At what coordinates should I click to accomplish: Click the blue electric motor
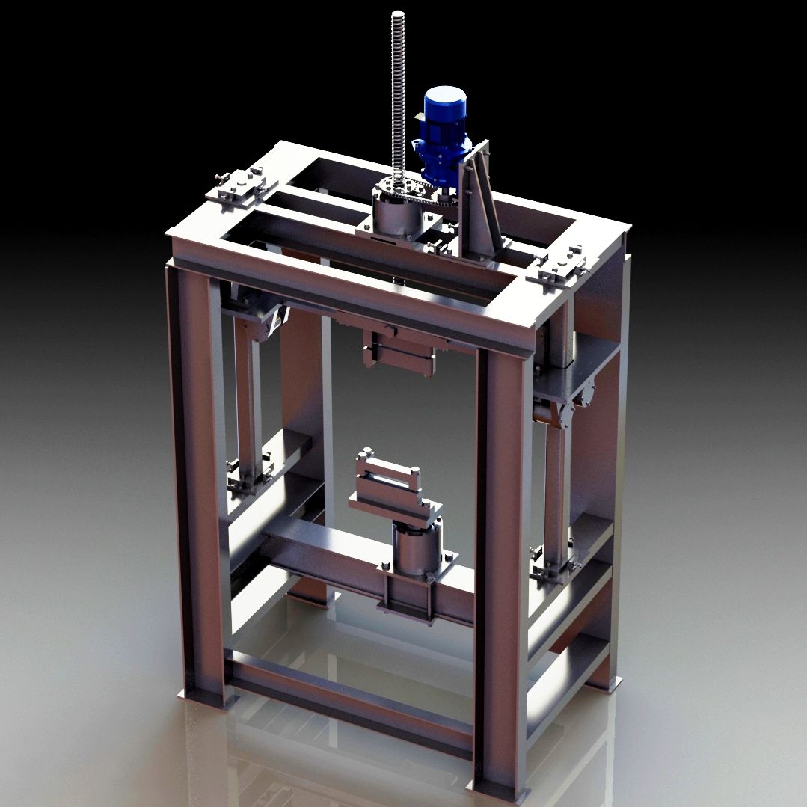coord(444,135)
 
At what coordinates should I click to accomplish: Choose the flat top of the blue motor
coord(445,95)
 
